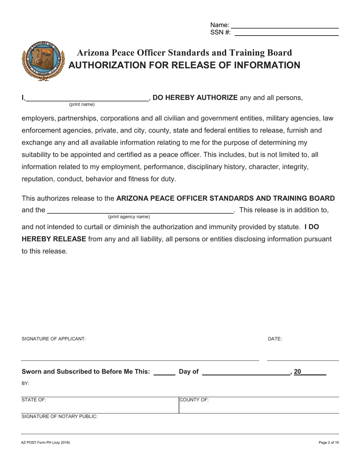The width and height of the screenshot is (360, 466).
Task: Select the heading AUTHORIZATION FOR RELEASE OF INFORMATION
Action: [x=184, y=65]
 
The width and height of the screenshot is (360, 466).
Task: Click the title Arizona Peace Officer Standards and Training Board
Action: [x=185, y=53]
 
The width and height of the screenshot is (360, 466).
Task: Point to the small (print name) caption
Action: [x=82, y=105]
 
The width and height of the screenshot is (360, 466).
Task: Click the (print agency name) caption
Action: [x=129, y=217]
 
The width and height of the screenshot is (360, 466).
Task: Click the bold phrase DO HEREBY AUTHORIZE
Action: [x=195, y=97]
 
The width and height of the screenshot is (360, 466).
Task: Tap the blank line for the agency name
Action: [x=140, y=211]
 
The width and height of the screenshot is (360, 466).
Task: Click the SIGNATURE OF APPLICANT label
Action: [x=54, y=339]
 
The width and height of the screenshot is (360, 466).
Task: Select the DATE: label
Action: [x=275, y=339]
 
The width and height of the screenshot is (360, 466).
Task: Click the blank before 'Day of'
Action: [x=164, y=373]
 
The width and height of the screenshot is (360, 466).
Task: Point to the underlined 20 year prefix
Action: [x=297, y=372]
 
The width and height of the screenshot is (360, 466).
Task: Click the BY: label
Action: [x=25, y=383]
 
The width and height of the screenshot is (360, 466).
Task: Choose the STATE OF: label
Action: [x=34, y=400]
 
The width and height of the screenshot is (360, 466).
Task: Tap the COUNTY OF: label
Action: [x=194, y=400]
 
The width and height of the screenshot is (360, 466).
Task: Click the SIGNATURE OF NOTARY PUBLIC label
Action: [x=59, y=416]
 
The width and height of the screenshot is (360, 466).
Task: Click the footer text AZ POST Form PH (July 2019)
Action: [x=45, y=443]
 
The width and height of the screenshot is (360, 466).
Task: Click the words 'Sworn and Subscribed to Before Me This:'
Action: [x=86, y=372]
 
